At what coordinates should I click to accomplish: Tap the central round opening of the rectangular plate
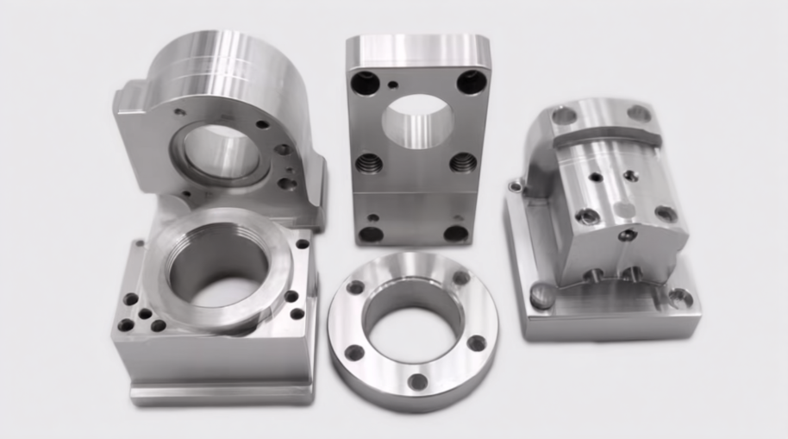click(417, 121)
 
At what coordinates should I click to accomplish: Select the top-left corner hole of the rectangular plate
click(366, 83)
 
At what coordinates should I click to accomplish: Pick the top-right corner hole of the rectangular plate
click(471, 82)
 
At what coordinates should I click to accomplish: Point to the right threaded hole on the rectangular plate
click(463, 162)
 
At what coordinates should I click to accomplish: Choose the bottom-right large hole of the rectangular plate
click(455, 233)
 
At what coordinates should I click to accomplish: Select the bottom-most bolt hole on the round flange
click(418, 380)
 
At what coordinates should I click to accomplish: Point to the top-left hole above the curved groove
click(565, 116)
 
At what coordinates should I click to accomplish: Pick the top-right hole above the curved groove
click(639, 113)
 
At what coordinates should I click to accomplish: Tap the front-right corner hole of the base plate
click(680, 299)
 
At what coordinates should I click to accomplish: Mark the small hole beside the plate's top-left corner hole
click(392, 85)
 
